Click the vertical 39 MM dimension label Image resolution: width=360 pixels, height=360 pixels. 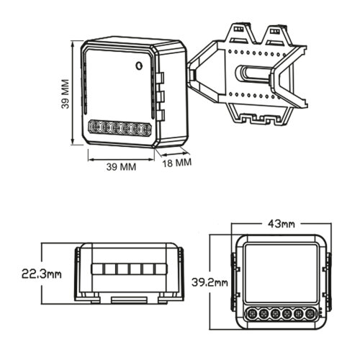[x=66, y=94]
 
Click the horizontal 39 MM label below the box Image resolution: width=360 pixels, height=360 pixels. [x=121, y=167]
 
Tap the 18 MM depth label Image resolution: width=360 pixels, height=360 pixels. [x=177, y=163]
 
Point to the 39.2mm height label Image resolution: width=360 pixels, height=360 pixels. [x=210, y=283]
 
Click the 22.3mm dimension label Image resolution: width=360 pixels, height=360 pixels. [x=42, y=274]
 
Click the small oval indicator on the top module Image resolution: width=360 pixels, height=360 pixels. [x=139, y=66]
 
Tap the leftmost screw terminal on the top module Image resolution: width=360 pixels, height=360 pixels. [x=95, y=127]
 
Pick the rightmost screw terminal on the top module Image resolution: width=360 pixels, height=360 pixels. [x=145, y=130]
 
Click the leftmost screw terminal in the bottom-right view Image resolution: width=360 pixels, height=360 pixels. [x=252, y=313]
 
